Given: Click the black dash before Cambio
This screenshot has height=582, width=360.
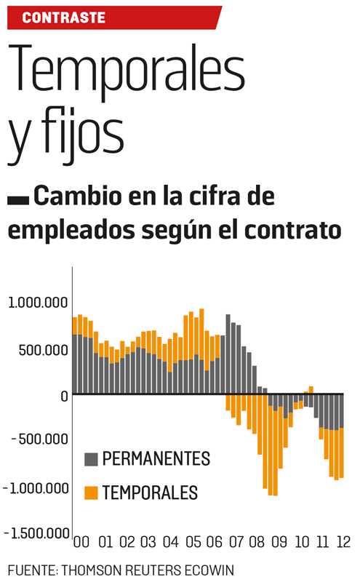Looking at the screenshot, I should click(18, 198).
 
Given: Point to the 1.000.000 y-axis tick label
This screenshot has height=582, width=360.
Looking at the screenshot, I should click(38, 303).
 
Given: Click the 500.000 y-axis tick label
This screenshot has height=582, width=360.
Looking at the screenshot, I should click(45, 350).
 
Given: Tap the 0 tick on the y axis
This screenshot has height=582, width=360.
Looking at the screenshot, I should click(63, 396).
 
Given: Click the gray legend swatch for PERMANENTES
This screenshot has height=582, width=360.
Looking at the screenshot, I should click(91, 459).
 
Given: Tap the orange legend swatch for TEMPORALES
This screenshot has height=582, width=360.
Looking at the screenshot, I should click(91, 493).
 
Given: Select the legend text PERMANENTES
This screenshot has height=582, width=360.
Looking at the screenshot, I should click(156, 459).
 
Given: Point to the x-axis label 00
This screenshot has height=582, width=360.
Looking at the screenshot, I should click(82, 542).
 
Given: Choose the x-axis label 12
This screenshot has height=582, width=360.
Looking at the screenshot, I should click(343, 542).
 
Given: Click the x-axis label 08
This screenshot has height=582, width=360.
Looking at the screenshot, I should click(257, 542).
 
